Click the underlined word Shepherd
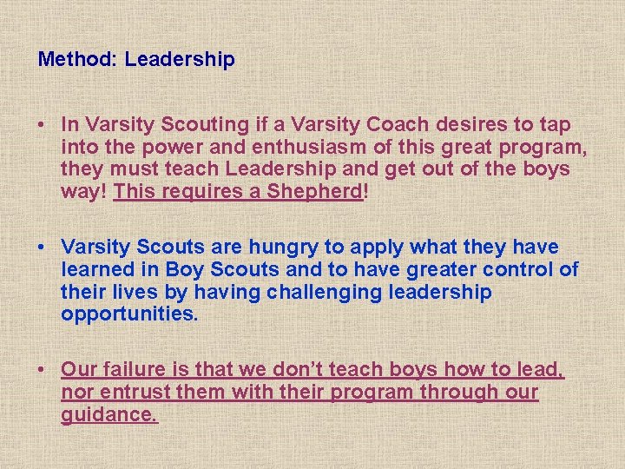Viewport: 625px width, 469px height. (x=319, y=191)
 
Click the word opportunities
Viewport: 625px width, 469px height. (x=129, y=314)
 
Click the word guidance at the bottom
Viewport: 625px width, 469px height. (x=109, y=415)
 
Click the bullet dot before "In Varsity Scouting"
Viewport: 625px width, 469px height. (x=42, y=124)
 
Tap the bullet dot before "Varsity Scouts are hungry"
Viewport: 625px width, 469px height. (x=42, y=248)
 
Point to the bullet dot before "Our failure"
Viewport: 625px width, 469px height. (x=42, y=371)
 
